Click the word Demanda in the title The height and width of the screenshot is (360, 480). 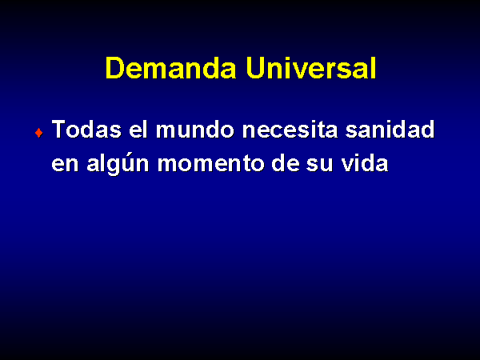click(x=171, y=68)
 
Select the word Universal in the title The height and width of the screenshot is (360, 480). click(x=311, y=68)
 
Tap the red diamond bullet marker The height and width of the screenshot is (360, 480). click(x=39, y=133)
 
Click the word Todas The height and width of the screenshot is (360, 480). click(x=86, y=129)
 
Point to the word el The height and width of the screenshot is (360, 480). click(x=138, y=129)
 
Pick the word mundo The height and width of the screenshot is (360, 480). click(x=195, y=129)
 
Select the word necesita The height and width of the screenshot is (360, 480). click(x=290, y=129)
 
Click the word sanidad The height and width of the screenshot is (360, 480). click(x=390, y=129)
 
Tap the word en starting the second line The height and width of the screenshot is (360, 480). click(x=66, y=164)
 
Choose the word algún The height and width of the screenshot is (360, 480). click(x=118, y=165)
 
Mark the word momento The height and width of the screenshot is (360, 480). click(x=210, y=163)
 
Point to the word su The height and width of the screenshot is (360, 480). click(x=319, y=164)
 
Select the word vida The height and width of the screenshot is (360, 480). click(x=365, y=162)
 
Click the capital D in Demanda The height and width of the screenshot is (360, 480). click(x=114, y=68)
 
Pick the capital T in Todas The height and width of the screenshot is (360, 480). click(x=59, y=129)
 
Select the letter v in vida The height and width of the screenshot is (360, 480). click(x=348, y=164)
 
